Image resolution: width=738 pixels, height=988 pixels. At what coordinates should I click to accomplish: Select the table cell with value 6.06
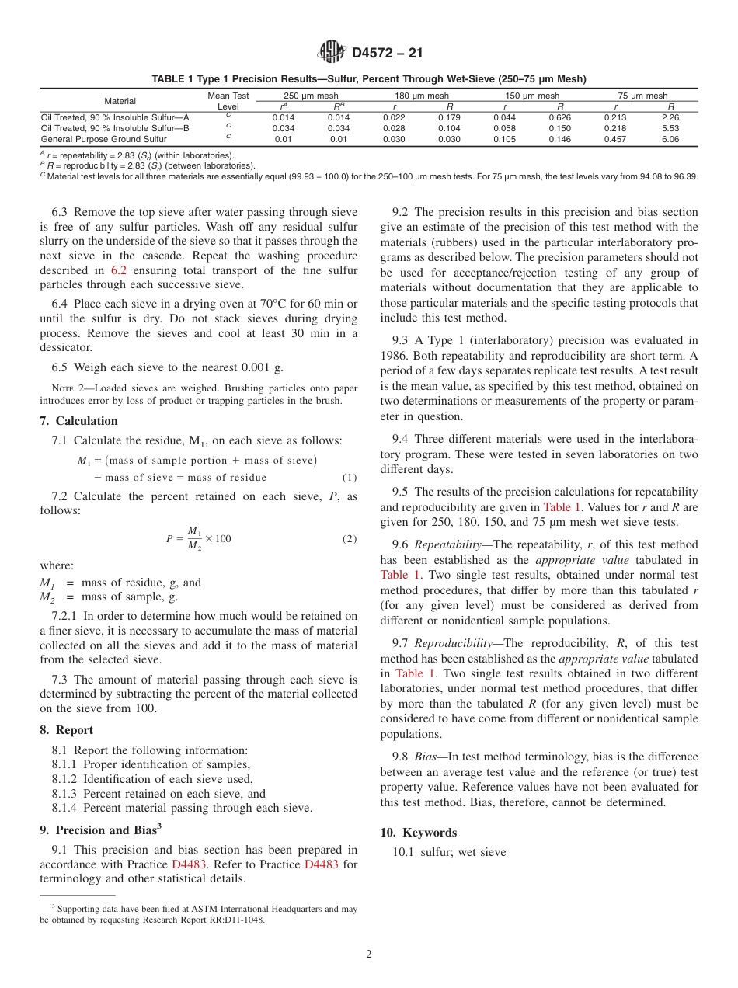(670, 139)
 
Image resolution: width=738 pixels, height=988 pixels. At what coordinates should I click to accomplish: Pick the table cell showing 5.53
(670, 128)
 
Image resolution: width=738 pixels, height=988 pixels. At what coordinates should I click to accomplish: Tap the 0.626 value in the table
(559, 117)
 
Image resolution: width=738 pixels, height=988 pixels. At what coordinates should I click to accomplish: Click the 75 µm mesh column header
(642, 96)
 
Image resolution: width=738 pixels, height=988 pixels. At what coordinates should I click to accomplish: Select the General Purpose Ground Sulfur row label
(103, 139)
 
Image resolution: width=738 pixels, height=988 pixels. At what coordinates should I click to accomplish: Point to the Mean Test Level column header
(228, 101)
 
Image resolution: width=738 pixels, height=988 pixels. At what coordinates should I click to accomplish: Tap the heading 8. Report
(66, 730)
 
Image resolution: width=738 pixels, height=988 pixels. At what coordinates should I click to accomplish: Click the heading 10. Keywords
(419, 832)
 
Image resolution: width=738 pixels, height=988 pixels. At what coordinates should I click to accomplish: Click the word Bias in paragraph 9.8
(425, 757)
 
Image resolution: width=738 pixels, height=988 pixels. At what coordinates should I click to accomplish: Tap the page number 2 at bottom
(369, 954)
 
